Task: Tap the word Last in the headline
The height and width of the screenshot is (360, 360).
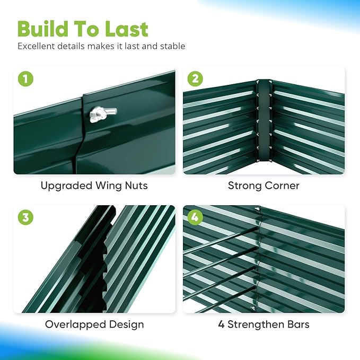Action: click(x=126, y=29)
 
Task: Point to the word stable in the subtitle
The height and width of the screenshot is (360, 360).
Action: click(x=172, y=46)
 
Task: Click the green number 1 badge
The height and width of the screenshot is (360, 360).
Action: click(x=25, y=79)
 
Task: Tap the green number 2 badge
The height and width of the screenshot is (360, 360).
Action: click(x=195, y=79)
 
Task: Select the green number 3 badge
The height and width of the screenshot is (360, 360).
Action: click(x=25, y=217)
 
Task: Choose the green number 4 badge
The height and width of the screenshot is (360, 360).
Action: click(x=195, y=217)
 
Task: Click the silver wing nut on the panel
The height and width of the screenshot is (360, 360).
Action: click(x=99, y=113)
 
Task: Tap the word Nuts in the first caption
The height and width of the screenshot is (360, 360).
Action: click(x=136, y=186)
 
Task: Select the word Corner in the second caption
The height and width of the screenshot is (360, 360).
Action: click(x=282, y=186)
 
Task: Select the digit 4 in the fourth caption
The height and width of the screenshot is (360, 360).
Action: click(x=221, y=324)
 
